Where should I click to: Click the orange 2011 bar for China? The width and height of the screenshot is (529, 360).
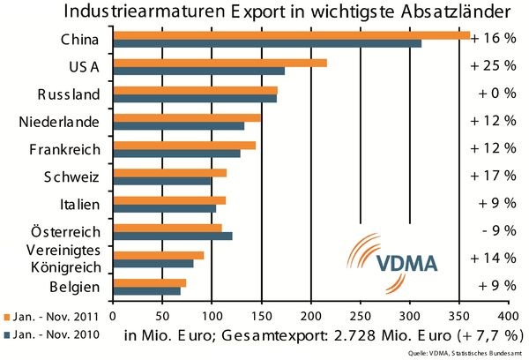tap(216, 35)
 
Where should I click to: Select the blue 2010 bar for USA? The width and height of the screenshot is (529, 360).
tap(198, 70)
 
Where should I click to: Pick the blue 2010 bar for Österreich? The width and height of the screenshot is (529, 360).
tap(172, 236)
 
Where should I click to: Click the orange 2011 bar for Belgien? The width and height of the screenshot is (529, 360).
tap(150, 282)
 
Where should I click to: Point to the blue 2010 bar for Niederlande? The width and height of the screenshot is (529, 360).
tap(179, 125)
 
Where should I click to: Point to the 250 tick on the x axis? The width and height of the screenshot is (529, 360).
tap(361, 314)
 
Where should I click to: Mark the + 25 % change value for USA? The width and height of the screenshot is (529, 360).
tap(493, 67)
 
